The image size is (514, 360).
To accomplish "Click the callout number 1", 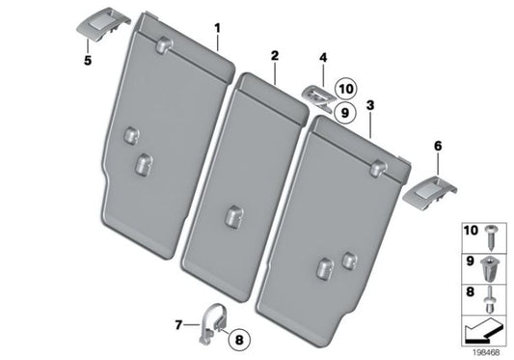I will pos(217,28).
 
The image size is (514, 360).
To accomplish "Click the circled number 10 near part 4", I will pos(345,91).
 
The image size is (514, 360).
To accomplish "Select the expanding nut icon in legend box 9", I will pos(492,262).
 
